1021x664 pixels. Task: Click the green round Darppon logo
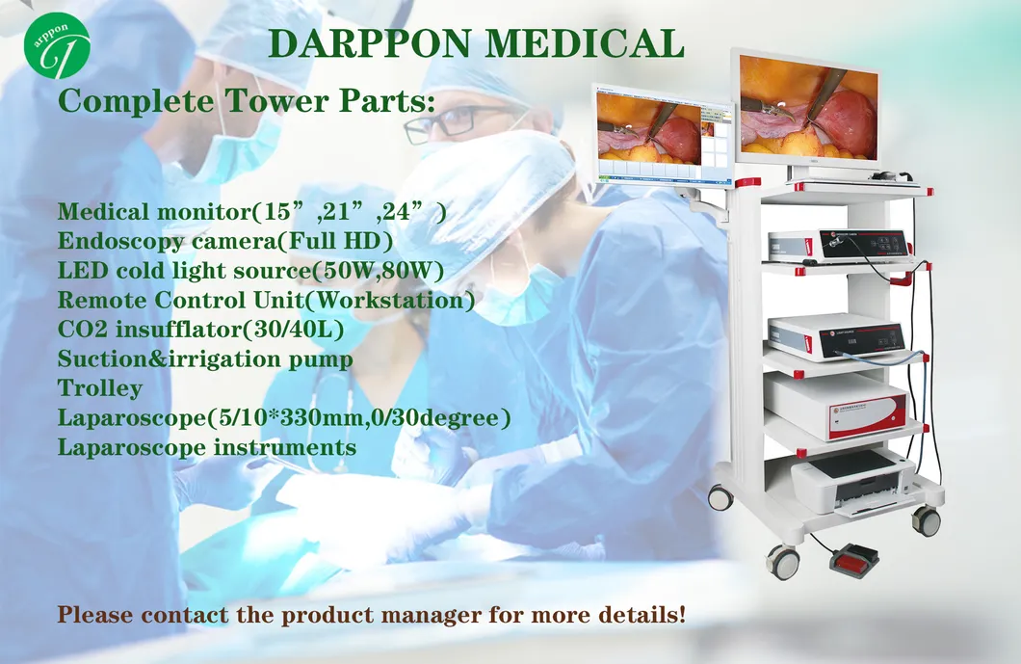[x=57, y=45]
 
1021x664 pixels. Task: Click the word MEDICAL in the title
[x=585, y=43]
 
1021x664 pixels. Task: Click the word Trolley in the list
[x=99, y=388]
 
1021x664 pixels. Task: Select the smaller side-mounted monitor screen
[x=662, y=135]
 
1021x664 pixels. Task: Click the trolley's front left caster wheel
[x=783, y=561]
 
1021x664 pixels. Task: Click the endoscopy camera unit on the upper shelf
[x=839, y=247]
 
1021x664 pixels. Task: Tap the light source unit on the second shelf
[x=836, y=337]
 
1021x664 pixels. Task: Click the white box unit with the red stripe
[x=836, y=405]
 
